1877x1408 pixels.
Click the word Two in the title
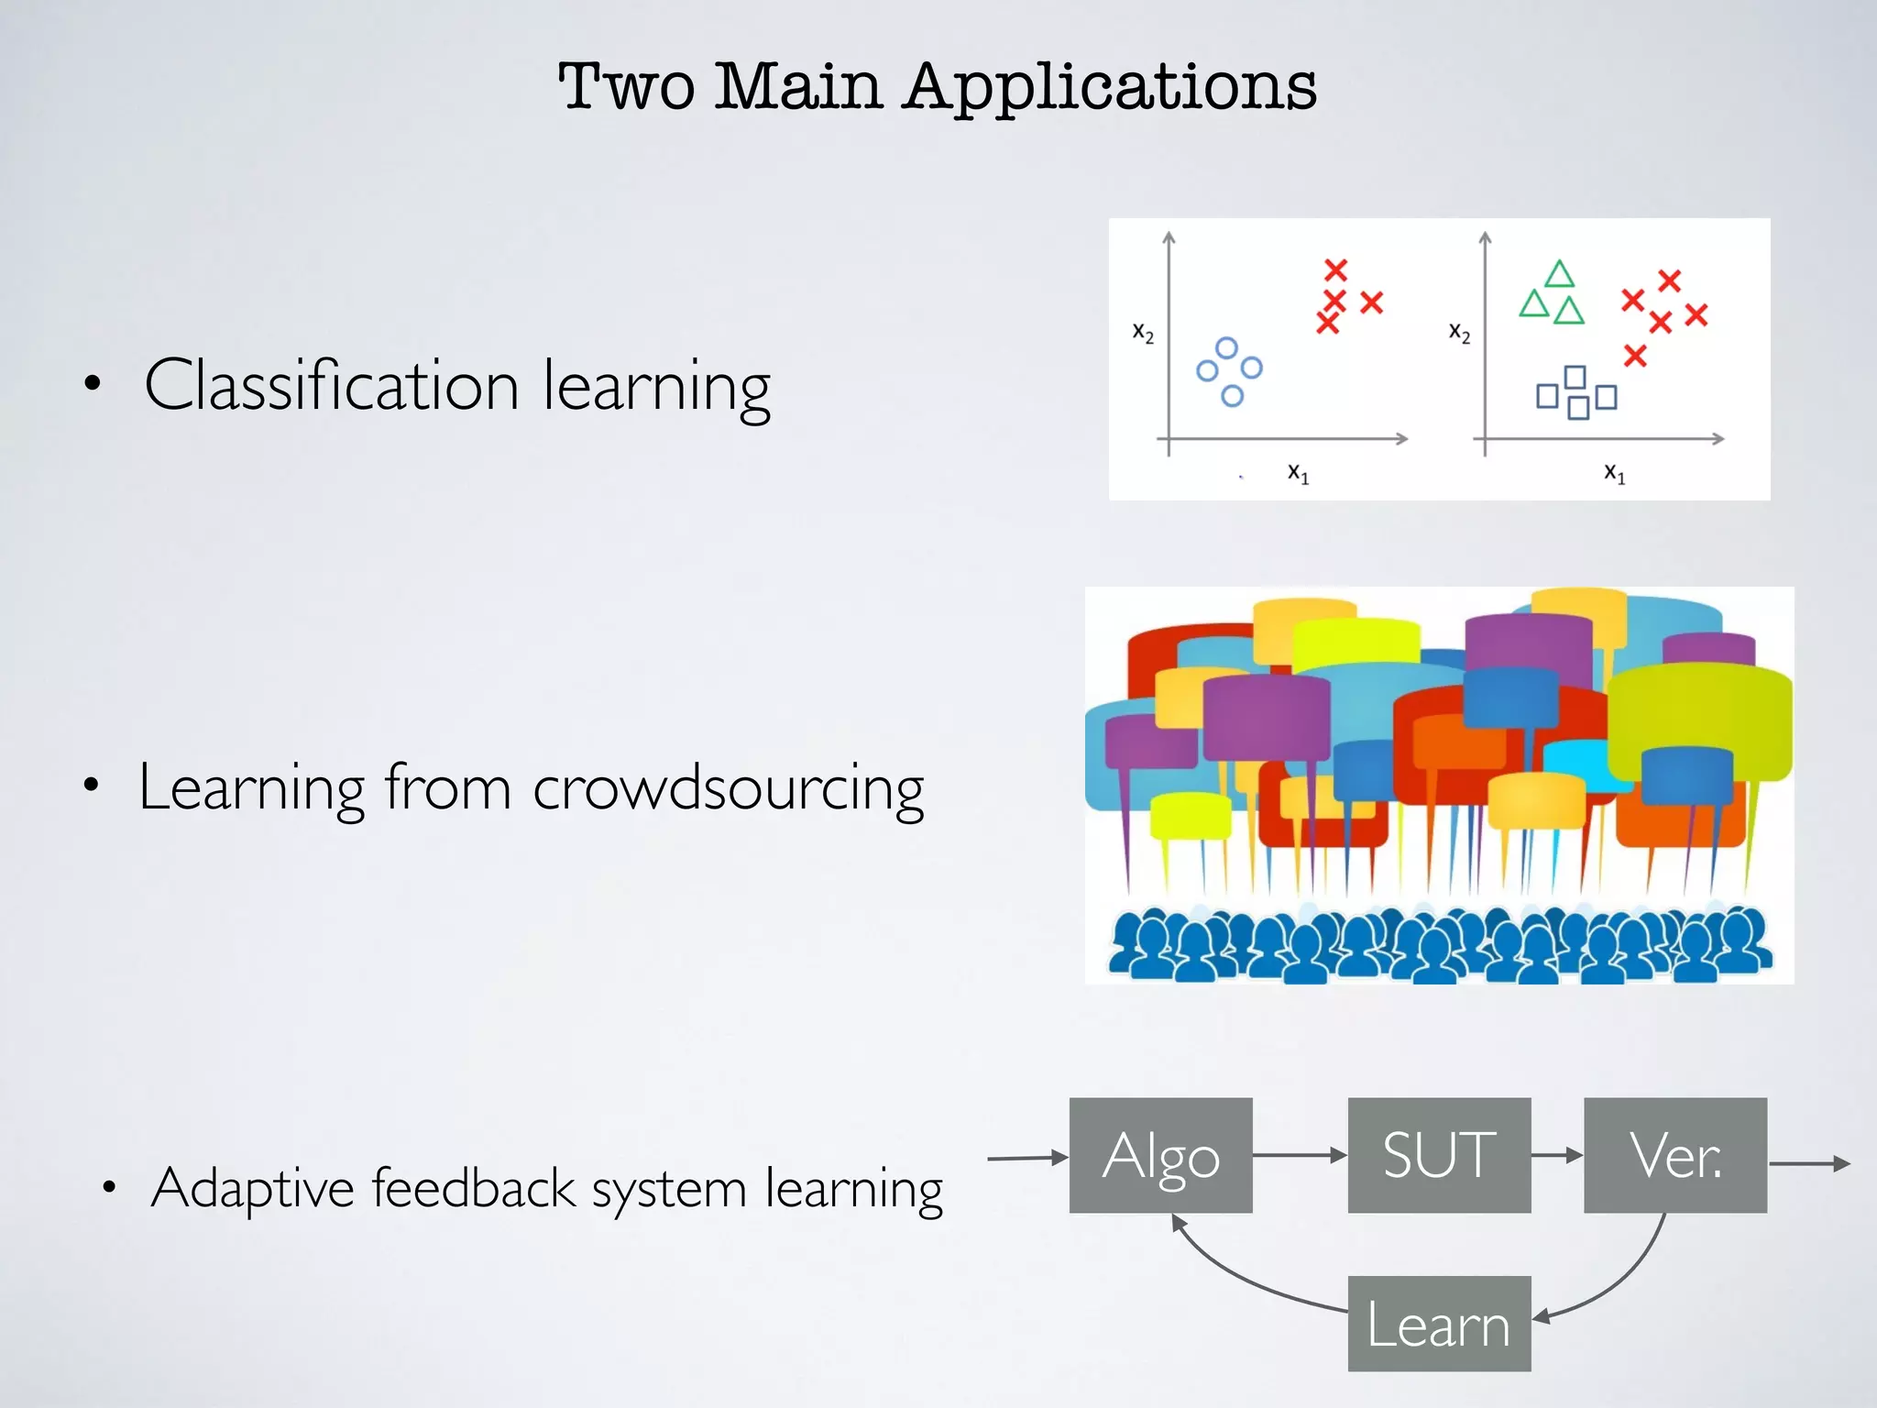tap(626, 87)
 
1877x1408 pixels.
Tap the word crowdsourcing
tap(728, 788)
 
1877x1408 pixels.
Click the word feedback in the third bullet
tap(473, 1189)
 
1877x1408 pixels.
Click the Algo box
tap(1160, 1156)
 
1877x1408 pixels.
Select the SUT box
tap(1439, 1156)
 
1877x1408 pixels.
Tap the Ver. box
tap(1674, 1156)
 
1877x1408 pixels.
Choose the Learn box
tap(1439, 1324)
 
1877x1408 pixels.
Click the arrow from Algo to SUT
tap(1300, 1156)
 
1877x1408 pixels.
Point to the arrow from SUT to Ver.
tap(1557, 1156)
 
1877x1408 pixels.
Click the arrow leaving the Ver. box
tap(1809, 1164)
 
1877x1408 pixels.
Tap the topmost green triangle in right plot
tap(1559, 274)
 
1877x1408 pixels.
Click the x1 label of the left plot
tap(1298, 473)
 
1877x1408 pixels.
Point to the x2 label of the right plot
tap(1459, 332)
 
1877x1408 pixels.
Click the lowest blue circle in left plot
tap(1232, 396)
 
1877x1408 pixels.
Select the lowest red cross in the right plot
tap(1635, 356)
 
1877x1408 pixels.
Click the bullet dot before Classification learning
tap(92, 384)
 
